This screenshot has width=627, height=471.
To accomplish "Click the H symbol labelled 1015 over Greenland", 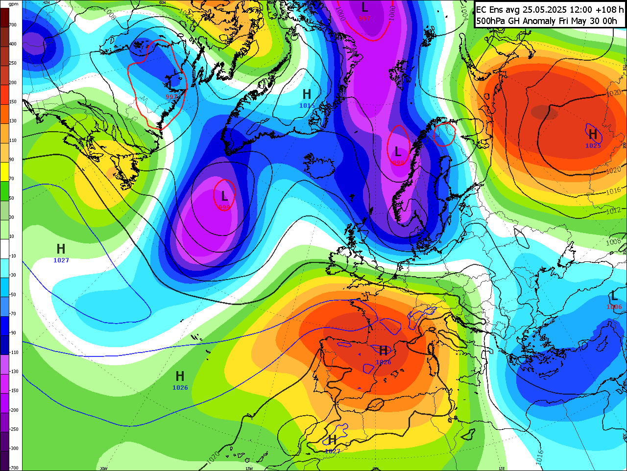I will [307, 94].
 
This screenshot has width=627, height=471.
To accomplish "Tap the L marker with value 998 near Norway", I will [398, 152].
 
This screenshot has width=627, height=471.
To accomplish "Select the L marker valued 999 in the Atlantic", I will [224, 196].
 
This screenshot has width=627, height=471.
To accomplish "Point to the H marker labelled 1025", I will [593, 134].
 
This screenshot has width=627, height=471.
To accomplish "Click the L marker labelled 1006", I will [614, 296].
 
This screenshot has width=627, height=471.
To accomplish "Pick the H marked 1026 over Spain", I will [384, 351].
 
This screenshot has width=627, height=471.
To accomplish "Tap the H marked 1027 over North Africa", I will [333, 440].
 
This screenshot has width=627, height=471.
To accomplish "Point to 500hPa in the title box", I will [491, 21].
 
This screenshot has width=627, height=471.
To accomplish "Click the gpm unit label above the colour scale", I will [14, 4].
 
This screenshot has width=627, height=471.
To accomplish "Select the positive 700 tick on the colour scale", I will [13, 25].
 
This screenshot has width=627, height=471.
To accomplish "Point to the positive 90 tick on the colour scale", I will [12, 160].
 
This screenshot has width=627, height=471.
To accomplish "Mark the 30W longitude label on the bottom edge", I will [104, 468].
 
